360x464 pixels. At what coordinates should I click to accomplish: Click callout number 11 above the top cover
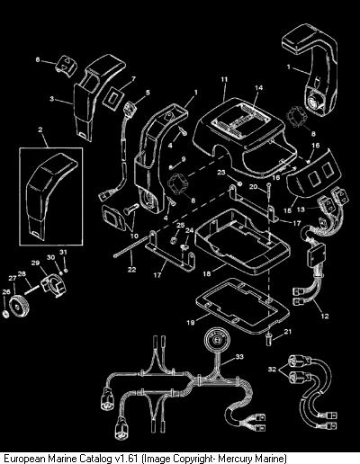(224, 80)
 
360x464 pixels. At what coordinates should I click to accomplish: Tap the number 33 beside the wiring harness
(239, 357)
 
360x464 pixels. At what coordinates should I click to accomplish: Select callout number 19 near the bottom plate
(191, 323)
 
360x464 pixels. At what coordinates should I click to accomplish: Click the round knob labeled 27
(19, 306)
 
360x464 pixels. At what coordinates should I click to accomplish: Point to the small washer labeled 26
(5, 314)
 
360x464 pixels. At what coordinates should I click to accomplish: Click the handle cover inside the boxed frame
(51, 196)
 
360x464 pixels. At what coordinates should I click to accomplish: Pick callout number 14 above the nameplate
(258, 87)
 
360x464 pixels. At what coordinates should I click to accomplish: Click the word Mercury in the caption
(236, 459)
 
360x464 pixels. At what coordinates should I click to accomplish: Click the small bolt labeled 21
(269, 341)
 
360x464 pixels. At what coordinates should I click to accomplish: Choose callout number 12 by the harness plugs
(325, 316)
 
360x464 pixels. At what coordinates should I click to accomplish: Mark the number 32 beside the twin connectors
(272, 369)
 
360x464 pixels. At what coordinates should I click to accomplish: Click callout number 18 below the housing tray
(207, 273)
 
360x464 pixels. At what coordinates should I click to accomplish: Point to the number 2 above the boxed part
(40, 129)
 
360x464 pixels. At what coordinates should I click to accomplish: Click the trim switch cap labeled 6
(66, 66)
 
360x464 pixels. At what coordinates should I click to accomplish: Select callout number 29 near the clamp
(35, 263)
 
